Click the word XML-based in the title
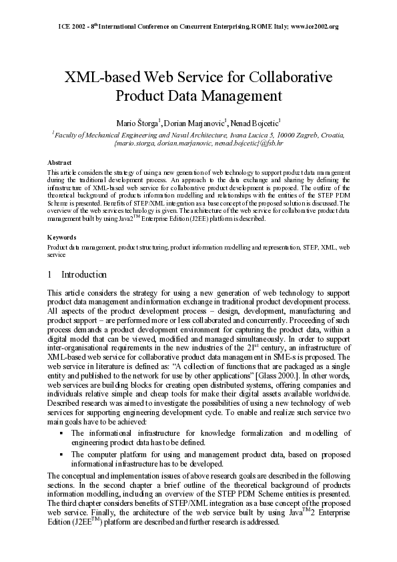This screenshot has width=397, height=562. (x=96, y=77)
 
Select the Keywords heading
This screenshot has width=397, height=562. (x=61, y=237)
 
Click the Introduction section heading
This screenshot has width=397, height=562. (x=83, y=274)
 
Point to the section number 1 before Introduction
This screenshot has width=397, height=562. (x=51, y=274)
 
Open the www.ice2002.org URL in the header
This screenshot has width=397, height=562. (x=314, y=27)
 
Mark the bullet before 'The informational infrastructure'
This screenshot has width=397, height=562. (x=61, y=434)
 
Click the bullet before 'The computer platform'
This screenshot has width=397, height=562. (x=61, y=455)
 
